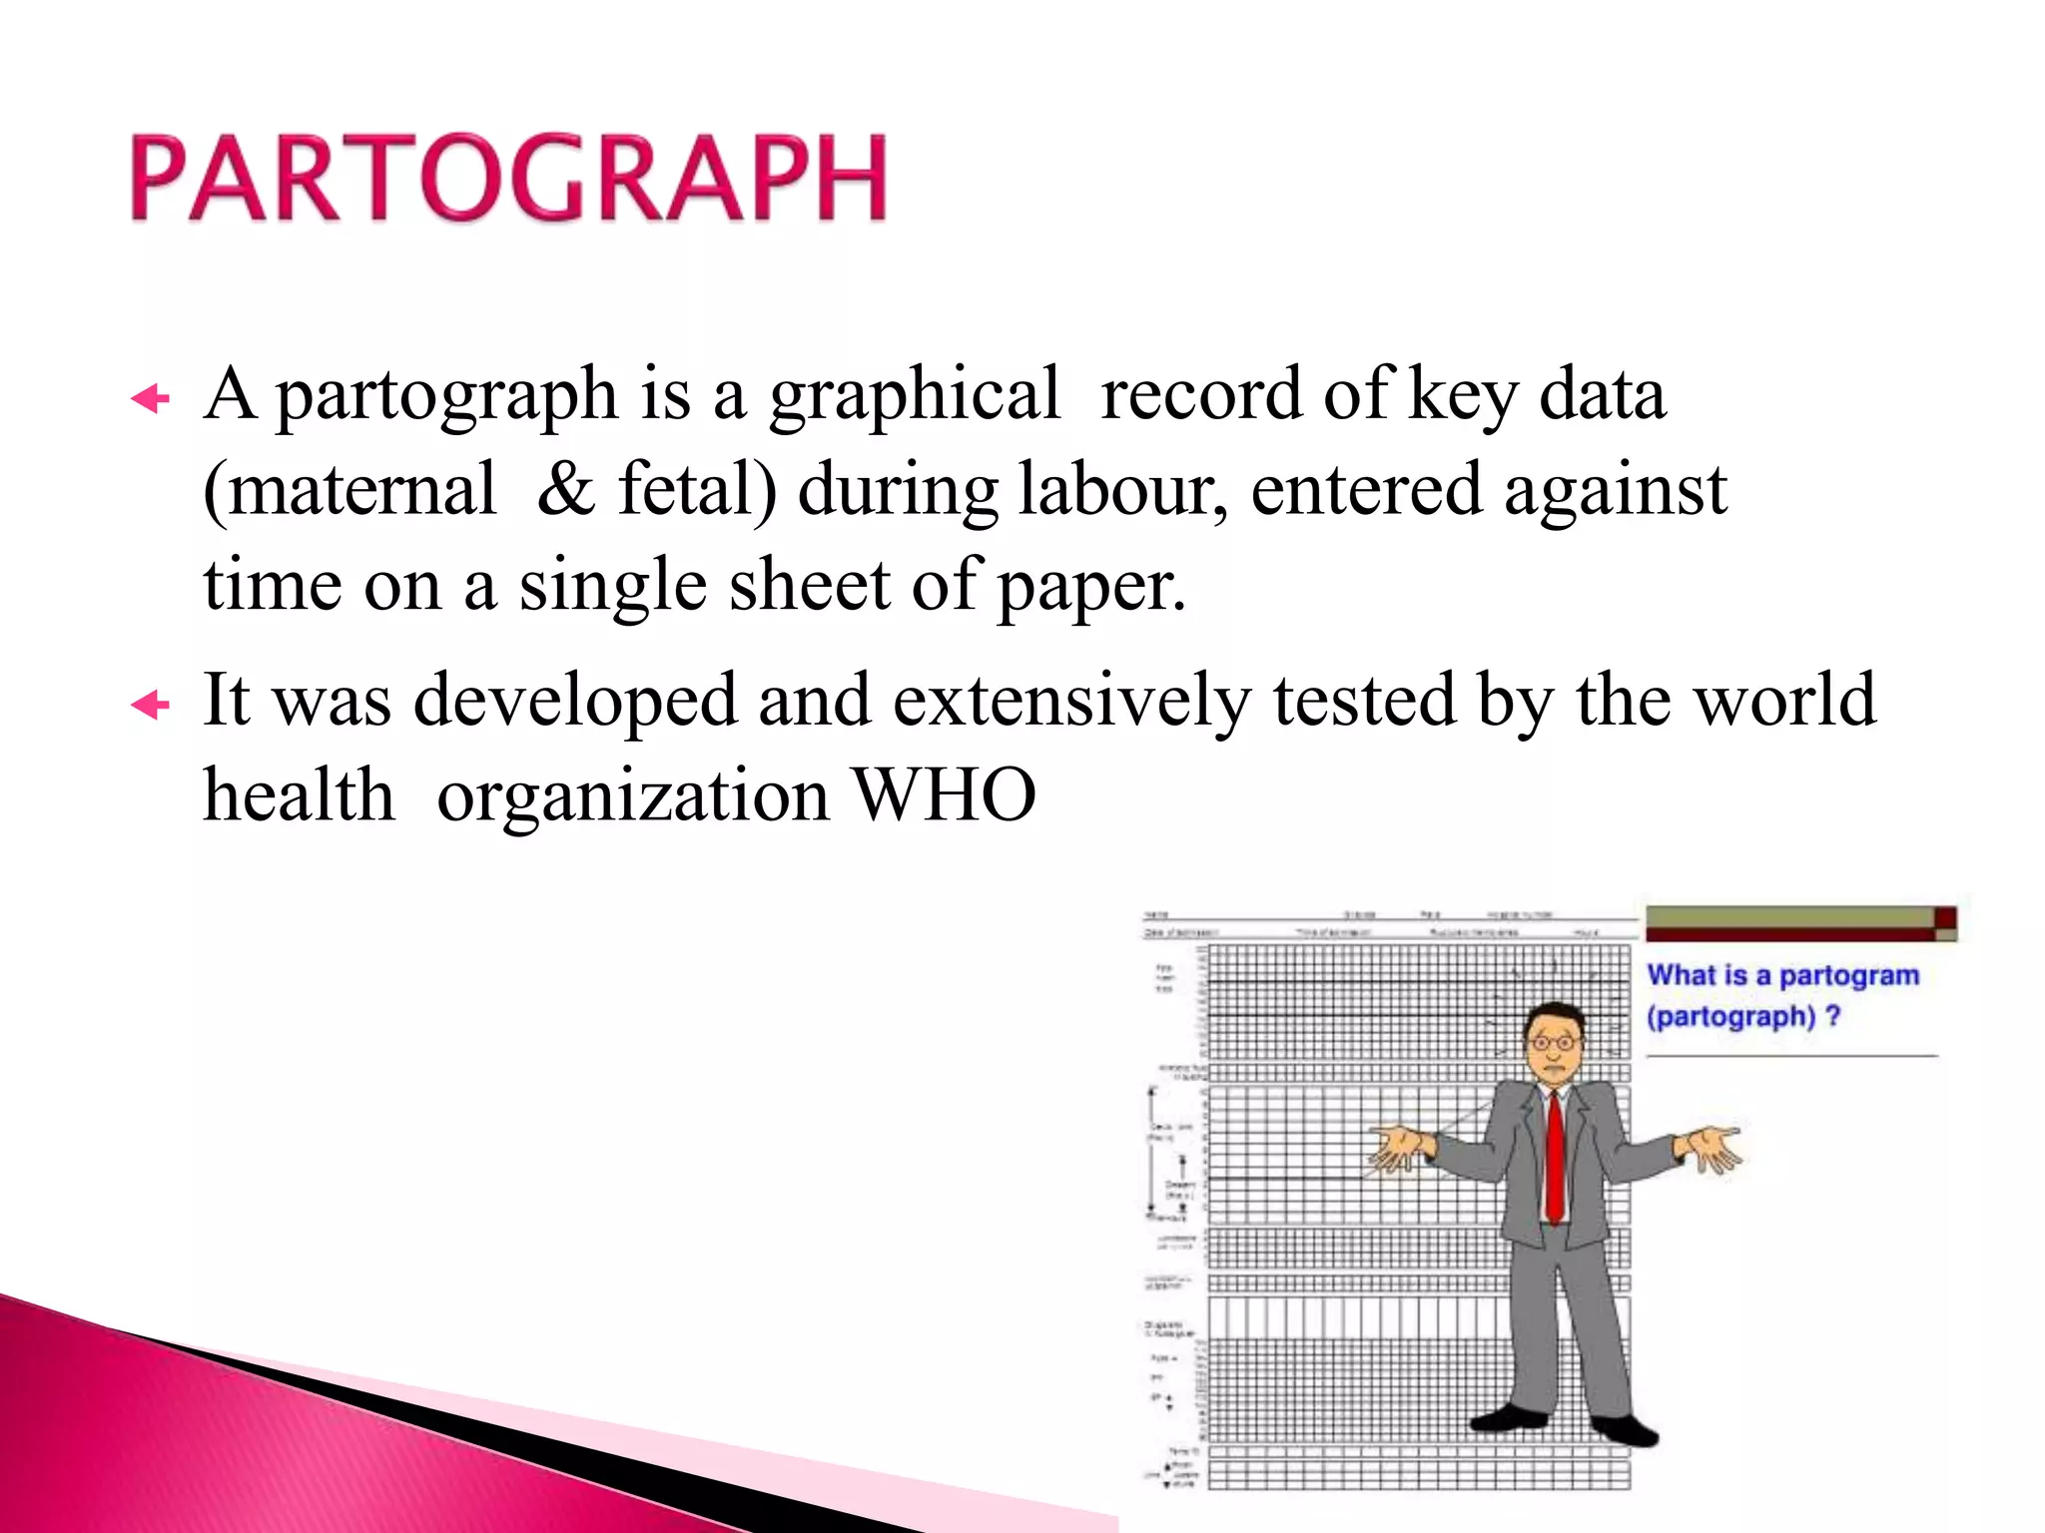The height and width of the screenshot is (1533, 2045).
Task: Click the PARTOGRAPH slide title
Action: (508, 178)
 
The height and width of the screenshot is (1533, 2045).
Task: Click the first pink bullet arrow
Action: (151, 400)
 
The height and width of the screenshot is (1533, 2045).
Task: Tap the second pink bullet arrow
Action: (151, 707)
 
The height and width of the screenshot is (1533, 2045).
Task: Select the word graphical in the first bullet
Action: (914, 396)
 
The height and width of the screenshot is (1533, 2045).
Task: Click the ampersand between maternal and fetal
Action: (565, 490)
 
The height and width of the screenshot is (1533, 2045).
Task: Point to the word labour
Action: (1122, 490)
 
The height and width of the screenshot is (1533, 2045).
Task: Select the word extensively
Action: (1071, 701)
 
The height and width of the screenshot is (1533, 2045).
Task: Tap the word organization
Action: (633, 797)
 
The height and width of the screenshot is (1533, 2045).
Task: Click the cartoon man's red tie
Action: (1554, 1158)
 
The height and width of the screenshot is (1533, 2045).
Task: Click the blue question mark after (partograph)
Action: (1832, 1017)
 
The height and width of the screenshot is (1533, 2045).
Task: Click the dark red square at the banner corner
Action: (1945, 917)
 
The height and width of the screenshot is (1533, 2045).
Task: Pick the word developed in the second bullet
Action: (575, 703)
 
